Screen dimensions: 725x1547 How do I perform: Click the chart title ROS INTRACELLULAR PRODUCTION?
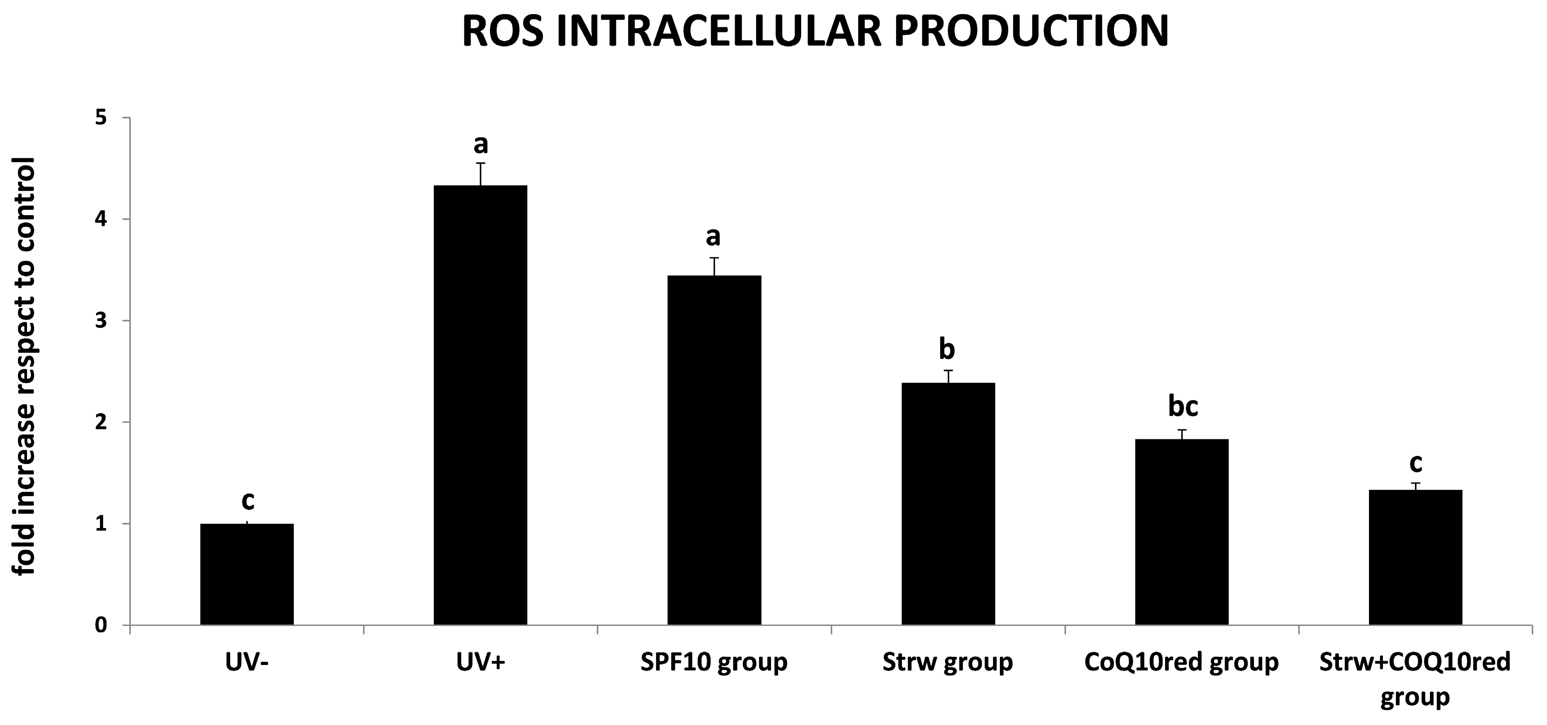815,31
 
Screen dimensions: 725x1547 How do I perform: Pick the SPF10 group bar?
714,451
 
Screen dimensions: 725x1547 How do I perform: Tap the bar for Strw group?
948,504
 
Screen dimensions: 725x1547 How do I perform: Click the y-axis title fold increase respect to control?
25,367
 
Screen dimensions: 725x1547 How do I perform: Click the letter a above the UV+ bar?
481,144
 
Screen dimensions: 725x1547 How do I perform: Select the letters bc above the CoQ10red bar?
1183,406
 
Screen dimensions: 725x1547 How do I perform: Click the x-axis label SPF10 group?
714,662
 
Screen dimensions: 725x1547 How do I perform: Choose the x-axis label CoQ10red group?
1181,662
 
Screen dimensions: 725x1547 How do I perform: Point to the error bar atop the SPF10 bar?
714,266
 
